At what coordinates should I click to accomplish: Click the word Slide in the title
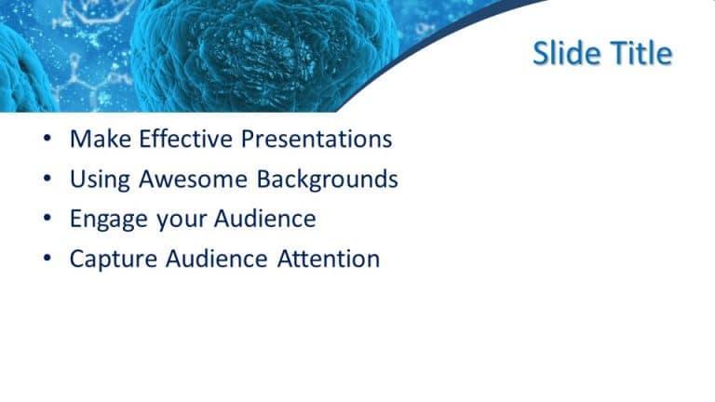(x=565, y=54)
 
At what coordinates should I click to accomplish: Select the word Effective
(x=185, y=140)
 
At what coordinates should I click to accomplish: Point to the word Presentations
(x=316, y=140)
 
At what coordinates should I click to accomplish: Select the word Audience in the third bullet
(x=265, y=220)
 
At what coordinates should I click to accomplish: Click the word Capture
(x=110, y=259)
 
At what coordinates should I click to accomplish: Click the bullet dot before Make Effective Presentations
(x=47, y=141)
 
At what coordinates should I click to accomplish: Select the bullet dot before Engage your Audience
(x=47, y=220)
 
